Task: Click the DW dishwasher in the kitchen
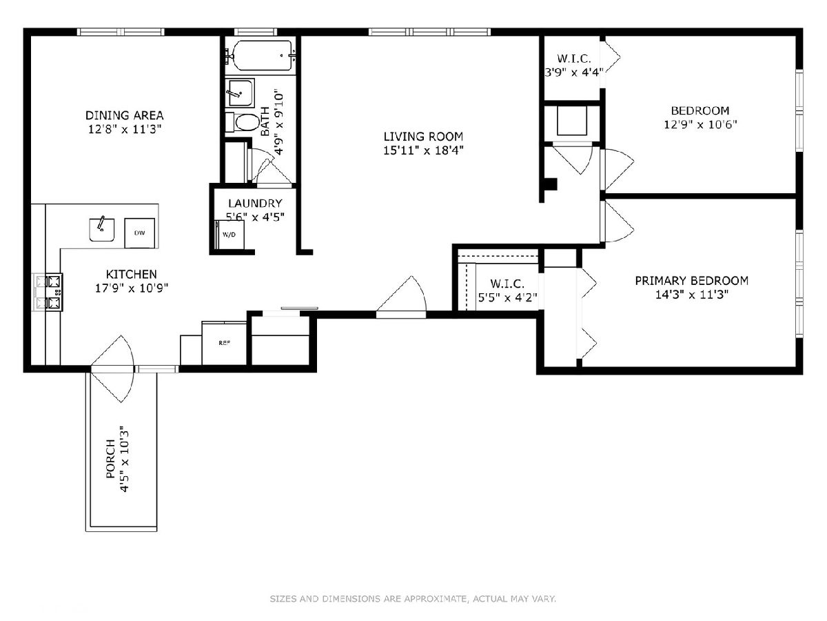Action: [139, 233]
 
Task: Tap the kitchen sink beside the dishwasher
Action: [102, 230]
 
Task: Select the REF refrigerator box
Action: [224, 343]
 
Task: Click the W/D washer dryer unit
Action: [229, 235]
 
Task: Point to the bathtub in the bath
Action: [262, 55]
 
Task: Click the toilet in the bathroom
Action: [241, 122]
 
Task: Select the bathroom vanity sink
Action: [240, 92]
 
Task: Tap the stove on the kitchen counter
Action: [49, 292]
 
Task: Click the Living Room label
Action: [423, 137]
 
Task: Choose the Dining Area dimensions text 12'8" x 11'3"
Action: [125, 129]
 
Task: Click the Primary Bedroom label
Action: [692, 281]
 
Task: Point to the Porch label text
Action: [110, 459]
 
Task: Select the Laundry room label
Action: [255, 204]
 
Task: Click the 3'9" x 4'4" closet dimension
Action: [574, 72]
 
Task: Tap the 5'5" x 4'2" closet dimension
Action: [507, 297]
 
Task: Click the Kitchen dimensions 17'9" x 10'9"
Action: [132, 288]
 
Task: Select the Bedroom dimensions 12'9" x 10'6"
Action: [700, 124]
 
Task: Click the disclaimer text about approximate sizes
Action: [413, 598]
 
